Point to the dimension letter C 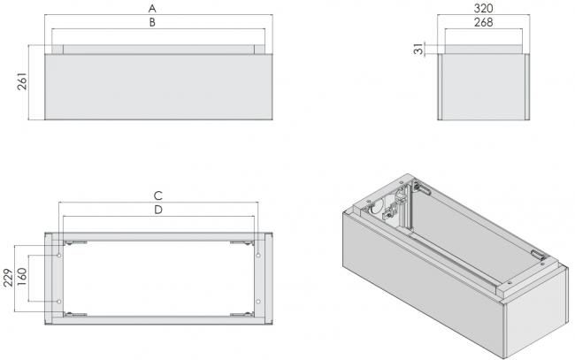pyautogui.click(x=157, y=195)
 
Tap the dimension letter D pyautogui.click(x=157, y=211)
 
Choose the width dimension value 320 pyautogui.click(x=483, y=7)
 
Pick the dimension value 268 pyautogui.click(x=483, y=23)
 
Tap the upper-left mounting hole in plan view pyautogui.click(x=58, y=255)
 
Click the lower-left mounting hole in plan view pyautogui.click(x=58, y=302)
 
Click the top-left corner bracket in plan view pyautogui.click(x=74, y=241)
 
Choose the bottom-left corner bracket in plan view pyautogui.click(x=74, y=314)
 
